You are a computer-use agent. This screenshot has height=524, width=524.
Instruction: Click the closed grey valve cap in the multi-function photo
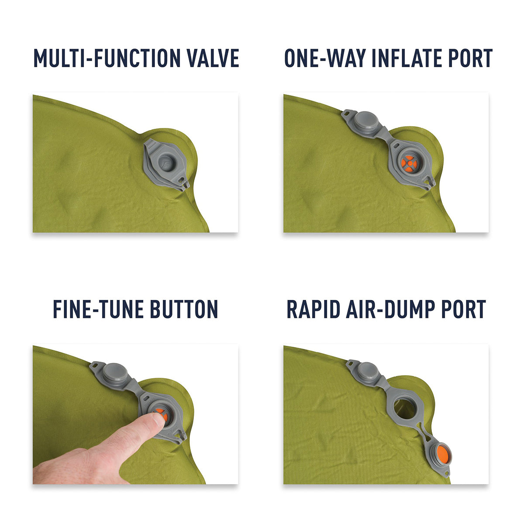[x=166, y=162]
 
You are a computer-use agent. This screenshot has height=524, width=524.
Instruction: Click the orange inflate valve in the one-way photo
[x=409, y=164]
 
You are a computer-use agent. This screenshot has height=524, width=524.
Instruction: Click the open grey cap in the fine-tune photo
[x=115, y=372]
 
